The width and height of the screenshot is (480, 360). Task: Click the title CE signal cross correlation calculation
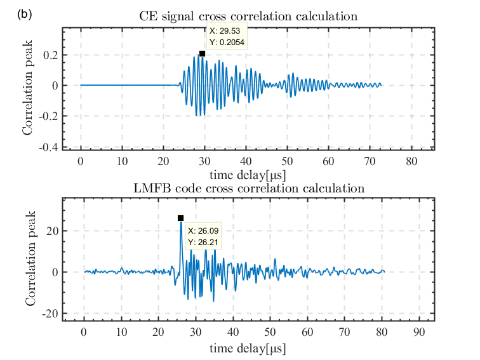click(x=248, y=17)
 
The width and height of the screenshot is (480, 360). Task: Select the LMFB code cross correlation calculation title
click(x=248, y=188)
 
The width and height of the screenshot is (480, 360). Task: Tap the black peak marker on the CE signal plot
click(x=202, y=54)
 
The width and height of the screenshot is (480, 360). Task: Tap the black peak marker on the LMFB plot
click(x=181, y=218)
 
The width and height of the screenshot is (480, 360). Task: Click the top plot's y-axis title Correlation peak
click(x=28, y=90)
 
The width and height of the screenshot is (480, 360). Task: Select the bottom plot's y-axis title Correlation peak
click(x=31, y=260)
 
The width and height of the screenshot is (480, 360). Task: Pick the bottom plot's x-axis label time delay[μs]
click(x=248, y=348)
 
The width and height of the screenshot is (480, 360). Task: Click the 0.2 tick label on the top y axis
click(x=51, y=55)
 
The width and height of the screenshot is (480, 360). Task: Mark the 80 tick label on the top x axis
click(x=412, y=161)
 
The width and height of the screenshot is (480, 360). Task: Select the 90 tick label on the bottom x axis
click(x=419, y=332)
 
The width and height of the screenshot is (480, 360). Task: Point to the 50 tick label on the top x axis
click(x=287, y=161)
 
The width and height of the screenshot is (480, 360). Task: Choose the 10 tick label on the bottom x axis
click(x=121, y=332)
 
